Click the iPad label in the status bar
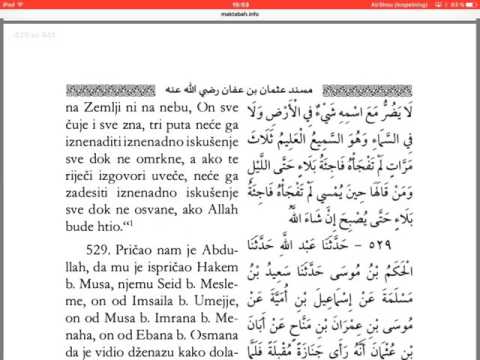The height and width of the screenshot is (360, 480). pos(9,4)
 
